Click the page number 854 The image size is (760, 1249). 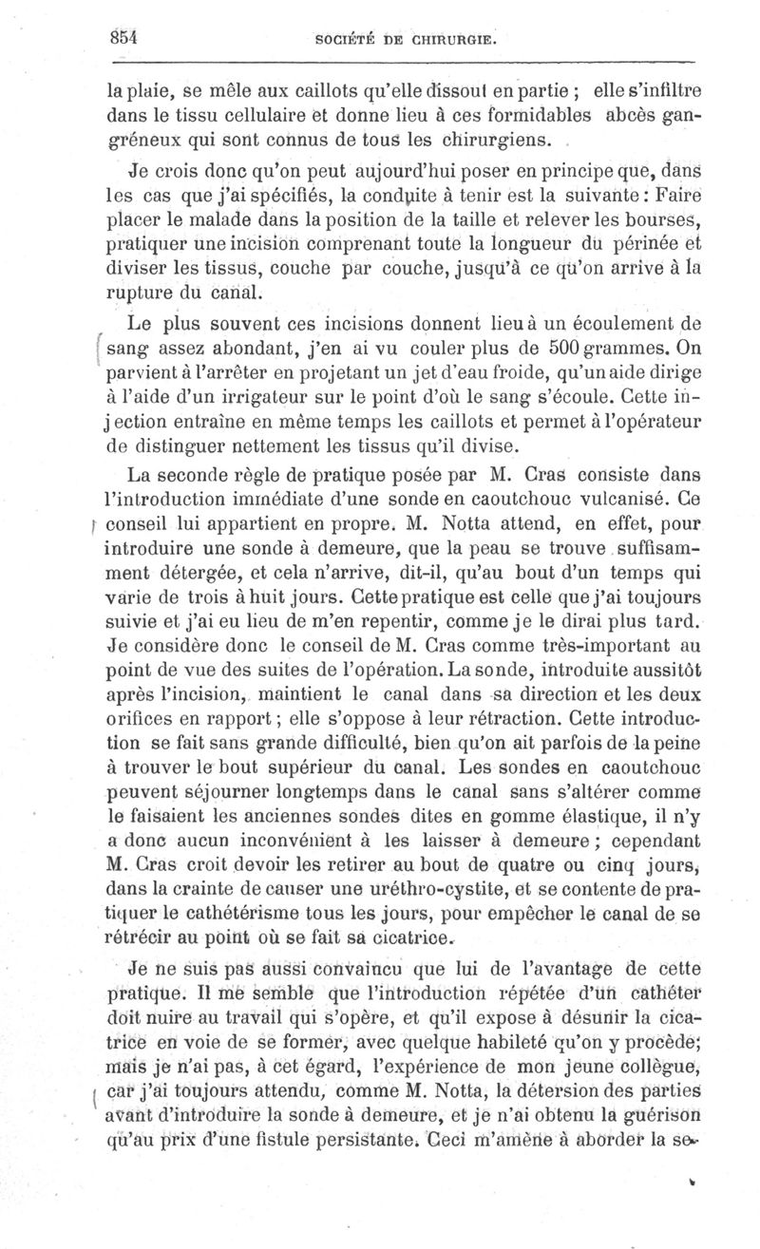tap(125, 37)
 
